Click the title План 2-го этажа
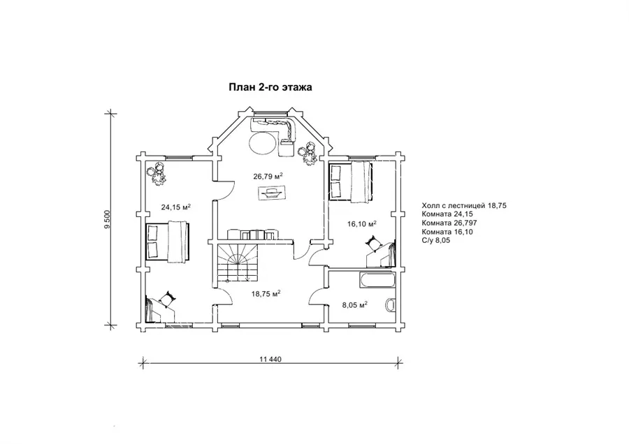[270, 87]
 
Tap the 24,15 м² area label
[175, 207]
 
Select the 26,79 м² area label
[268, 176]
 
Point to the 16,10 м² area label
[362, 223]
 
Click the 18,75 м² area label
[266, 293]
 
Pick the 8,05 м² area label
[355, 304]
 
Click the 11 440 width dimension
[270, 359]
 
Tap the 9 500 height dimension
[107, 219]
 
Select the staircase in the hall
[236, 265]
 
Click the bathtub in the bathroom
[376, 280]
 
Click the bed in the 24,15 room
[166, 242]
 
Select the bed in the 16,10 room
[351, 181]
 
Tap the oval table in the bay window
[263, 142]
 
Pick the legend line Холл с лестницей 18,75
[464, 205]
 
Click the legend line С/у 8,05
[436, 240]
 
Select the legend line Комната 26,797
[449, 223]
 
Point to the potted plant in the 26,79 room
[310, 154]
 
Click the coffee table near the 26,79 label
[273, 193]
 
